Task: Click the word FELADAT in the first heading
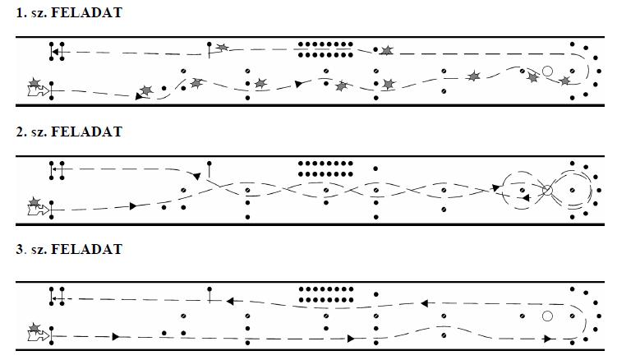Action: click(x=86, y=12)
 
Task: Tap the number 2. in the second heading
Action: click(x=21, y=132)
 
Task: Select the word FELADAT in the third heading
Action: click(x=86, y=249)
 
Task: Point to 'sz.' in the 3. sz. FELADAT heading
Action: click(x=38, y=251)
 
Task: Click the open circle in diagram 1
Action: click(x=547, y=72)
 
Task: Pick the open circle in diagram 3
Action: click(x=547, y=316)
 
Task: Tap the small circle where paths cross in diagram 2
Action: click(x=547, y=191)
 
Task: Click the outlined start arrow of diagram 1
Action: click(x=39, y=91)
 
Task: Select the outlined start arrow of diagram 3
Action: click(x=39, y=336)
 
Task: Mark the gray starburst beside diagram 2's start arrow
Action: click(x=35, y=202)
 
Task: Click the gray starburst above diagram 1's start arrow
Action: click(x=35, y=83)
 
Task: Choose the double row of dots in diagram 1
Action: click(x=325, y=49)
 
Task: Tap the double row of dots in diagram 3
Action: click(x=325, y=294)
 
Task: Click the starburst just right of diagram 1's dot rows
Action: click(x=387, y=50)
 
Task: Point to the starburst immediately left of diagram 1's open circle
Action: click(x=533, y=77)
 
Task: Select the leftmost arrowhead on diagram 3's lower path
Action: click(x=116, y=337)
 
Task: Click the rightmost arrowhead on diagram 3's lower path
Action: click(x=547, y=339)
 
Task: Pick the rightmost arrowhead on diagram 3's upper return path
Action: click(x=424, y=303)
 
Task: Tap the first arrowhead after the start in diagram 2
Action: click(x=133, y=206)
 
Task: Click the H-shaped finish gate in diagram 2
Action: click(x=57, y=170)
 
